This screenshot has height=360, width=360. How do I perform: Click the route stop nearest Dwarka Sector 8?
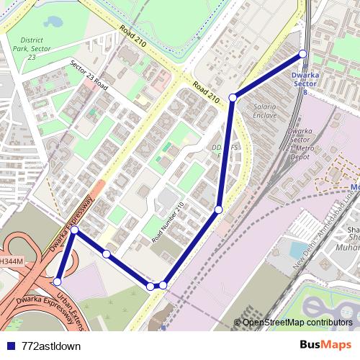(x=302, y=54)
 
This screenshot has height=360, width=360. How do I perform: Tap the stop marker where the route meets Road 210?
(x=233, y=97)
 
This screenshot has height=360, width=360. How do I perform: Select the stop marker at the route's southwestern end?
(x=58, y=282)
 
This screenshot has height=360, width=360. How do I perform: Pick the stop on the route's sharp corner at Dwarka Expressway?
(x=74, y=230)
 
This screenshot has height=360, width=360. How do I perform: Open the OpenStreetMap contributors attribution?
(x=297, y=322)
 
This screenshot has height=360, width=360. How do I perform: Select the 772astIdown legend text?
(x=51, y=346)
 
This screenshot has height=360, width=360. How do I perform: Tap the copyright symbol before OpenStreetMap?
(x=238, y=322)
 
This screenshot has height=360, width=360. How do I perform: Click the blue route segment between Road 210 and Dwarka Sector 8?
(x=268, y=76)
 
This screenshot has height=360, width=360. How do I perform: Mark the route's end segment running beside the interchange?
(x=66, y=256)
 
